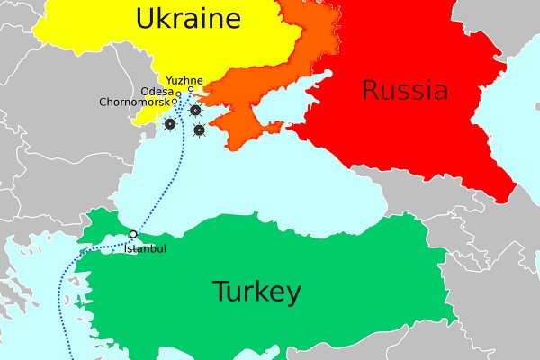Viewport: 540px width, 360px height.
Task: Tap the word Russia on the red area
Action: (x=404, y=90)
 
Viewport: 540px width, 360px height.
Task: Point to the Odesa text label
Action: (x=157, y=91)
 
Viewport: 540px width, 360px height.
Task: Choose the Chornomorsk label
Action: (x=135, y=102)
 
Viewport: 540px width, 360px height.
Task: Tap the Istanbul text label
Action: (x=146, y=247)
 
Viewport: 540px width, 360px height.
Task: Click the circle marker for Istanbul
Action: (x=133, y=234)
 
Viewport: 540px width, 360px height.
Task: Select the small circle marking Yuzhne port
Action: (x=191, y=89)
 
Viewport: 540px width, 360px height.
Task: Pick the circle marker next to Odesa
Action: (x=178, y=94)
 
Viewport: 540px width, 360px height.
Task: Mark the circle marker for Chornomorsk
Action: (x=175, y=102)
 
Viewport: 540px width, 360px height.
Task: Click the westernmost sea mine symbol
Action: (x=169, y=124)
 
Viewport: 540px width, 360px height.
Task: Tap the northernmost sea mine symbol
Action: (x=195, y=111)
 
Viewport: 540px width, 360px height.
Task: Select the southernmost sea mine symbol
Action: (x=199, y=130)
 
